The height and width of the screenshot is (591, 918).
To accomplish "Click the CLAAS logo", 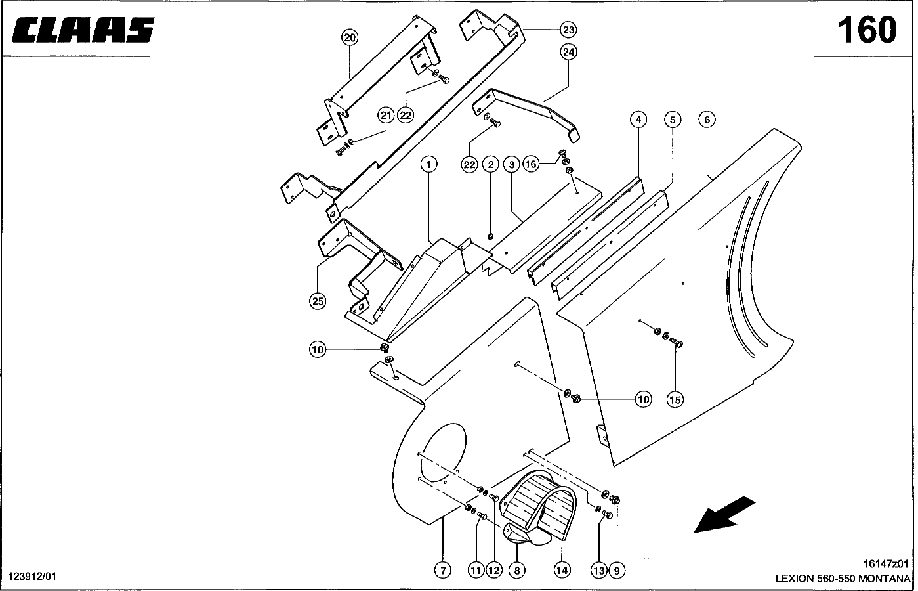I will [x=82, y=30].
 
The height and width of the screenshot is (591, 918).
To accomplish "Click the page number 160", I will [x=866, y=30].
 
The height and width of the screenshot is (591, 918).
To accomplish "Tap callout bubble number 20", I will [x=350, y=37].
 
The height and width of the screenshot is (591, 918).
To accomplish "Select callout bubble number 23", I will [x=568, y=30].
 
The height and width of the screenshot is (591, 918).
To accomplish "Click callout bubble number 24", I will [x=568, y=52].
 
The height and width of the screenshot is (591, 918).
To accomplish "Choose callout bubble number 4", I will [x=638, y=120].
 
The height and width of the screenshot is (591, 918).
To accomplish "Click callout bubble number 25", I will [x=318, y=301].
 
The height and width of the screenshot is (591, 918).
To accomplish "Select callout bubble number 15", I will [x=675, y=399].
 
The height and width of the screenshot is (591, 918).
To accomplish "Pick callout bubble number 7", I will [x=443, y=571].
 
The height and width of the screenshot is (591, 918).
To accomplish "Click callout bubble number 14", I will [x=562, y=571].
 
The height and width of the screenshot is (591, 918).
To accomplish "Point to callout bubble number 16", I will [x=531, y=164].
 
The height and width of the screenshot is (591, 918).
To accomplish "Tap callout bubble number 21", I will [x=386, y=116].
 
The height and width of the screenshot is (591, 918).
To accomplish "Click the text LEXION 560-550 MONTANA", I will [x=843, y=579].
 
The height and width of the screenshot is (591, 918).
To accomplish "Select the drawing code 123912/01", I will [x=33, y=576].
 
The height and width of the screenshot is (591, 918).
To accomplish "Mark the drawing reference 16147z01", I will [x=886, y=563].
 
